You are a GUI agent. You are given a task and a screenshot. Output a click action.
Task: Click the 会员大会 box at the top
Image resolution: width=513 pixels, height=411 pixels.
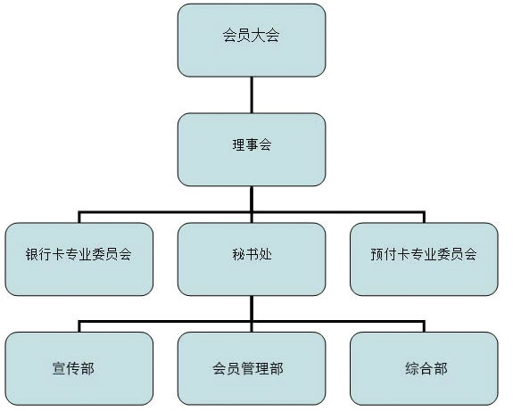252,40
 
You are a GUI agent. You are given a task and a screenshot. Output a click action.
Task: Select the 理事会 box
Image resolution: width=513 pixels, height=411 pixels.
252,150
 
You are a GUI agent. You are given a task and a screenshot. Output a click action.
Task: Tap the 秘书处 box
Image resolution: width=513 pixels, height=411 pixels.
252,259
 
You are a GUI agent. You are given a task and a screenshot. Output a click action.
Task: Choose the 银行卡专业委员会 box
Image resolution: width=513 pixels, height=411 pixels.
79,259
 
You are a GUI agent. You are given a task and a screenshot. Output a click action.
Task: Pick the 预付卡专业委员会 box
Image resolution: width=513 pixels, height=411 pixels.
424,259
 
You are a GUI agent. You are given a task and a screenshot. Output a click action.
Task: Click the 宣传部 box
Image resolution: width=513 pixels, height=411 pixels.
79,369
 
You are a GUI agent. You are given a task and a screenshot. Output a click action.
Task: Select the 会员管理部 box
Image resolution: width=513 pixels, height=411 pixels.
252,369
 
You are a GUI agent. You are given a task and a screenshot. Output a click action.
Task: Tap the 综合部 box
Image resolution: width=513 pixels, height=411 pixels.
424,369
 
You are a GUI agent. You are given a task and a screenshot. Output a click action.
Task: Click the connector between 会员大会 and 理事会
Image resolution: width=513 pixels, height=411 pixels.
252,95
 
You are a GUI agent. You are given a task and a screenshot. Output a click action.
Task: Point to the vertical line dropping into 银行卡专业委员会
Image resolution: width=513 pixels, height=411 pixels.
79,218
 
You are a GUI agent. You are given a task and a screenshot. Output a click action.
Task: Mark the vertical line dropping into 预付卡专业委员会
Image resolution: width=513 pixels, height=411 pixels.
424,218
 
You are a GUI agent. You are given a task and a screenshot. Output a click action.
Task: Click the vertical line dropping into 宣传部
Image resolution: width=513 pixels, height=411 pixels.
79,327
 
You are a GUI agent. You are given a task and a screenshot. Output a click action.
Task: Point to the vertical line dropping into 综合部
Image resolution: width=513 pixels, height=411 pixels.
424,327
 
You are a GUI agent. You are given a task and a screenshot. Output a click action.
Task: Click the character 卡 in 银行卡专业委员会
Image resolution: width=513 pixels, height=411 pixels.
59,254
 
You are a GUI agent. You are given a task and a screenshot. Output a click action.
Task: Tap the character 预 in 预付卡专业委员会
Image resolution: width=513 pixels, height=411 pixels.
376,254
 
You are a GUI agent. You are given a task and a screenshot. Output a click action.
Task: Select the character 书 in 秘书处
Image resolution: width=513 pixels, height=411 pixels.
252,254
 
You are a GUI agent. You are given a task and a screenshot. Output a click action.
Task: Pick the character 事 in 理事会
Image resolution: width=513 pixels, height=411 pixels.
252,144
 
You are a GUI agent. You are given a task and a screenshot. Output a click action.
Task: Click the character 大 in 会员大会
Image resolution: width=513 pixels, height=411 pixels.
259,36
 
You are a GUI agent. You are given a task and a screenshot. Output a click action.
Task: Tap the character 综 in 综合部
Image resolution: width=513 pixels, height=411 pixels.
412,368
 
